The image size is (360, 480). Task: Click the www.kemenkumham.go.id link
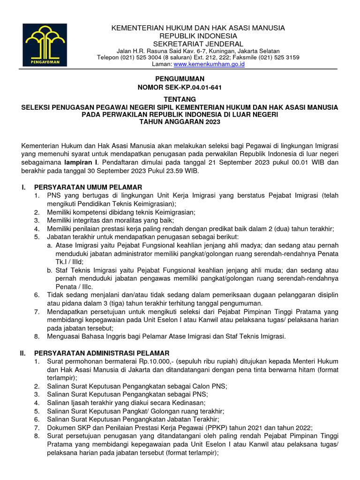[209, 64]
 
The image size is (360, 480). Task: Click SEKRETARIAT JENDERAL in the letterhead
[198, 44]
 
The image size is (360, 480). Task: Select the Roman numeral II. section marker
[22, 352]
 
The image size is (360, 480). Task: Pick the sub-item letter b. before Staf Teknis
[50, 270]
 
